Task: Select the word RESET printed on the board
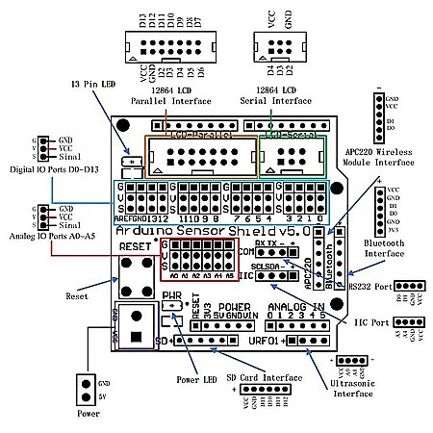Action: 136,247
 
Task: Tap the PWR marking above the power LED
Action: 171,294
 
